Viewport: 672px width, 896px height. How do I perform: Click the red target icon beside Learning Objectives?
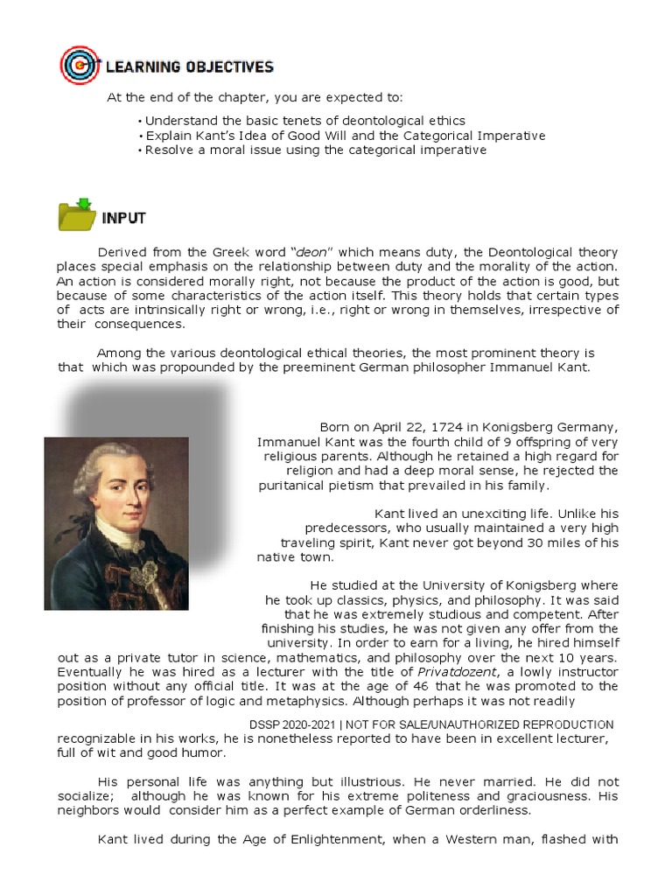coord(79,66)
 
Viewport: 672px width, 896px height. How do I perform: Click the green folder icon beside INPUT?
coord(76,215)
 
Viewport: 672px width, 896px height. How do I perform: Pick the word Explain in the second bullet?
coord(167,136)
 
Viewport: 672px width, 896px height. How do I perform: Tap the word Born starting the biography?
coord(335,427)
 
